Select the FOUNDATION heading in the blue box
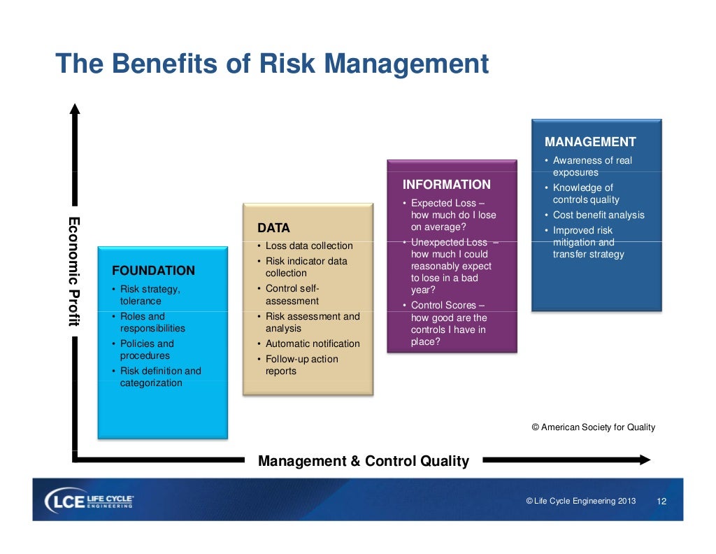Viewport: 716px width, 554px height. [153, 271]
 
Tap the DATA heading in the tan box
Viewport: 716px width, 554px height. [273, 228]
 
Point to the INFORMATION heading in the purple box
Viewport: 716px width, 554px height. [446, 185]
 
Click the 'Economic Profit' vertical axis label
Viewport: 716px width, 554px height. [73, 271]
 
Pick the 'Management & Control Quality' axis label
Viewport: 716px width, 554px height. [364, 461]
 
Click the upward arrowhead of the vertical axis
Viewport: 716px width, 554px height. [75, 108]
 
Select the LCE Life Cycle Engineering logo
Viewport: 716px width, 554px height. [89, 501]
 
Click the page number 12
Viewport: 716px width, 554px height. [661, 502]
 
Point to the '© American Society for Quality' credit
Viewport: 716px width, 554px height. [593, 427]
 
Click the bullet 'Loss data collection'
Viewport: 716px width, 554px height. [309, 246]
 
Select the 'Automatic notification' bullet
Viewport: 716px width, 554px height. [313, 343]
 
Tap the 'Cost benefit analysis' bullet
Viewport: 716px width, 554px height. [599, 215]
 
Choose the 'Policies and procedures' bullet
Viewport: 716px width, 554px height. [147, 350]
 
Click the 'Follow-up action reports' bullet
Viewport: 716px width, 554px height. [301, 365]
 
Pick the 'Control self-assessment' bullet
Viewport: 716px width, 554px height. [292, 294]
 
